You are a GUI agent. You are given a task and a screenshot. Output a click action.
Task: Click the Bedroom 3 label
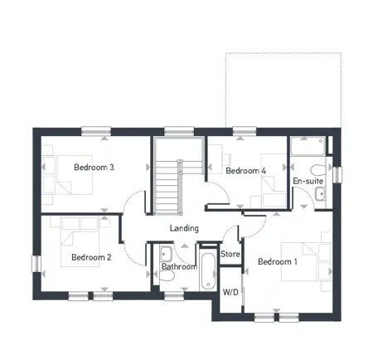pyautogui.click(x=94, y=168)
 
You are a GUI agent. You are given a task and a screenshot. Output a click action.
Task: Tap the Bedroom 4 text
pyautogui.click(x=246, y=171)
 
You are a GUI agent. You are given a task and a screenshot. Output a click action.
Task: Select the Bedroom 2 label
pyautogui.click(x=91, y=257)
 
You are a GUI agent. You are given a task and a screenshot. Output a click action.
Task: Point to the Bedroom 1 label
pyautogui.click(x=278, y=262)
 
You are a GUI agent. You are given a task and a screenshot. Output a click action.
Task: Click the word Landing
pyautogui.click(x=184, y=228)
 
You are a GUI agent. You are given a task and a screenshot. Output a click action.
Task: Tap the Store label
pyautogui.click(x=230, y=254)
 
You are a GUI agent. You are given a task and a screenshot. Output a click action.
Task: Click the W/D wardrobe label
pyautogui.click(x=231, y=292)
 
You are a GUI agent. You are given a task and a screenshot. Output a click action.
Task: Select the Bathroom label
pyautogui.click(x=179, y=267)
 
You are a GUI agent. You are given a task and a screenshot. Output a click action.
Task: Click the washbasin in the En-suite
pyautogui.click(x=321, y=195)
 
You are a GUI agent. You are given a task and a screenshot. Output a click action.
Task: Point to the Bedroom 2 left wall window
pyautogui.click(x=35, y=262)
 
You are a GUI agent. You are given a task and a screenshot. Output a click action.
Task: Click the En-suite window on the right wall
pyautogui.click(x=337, y=174)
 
